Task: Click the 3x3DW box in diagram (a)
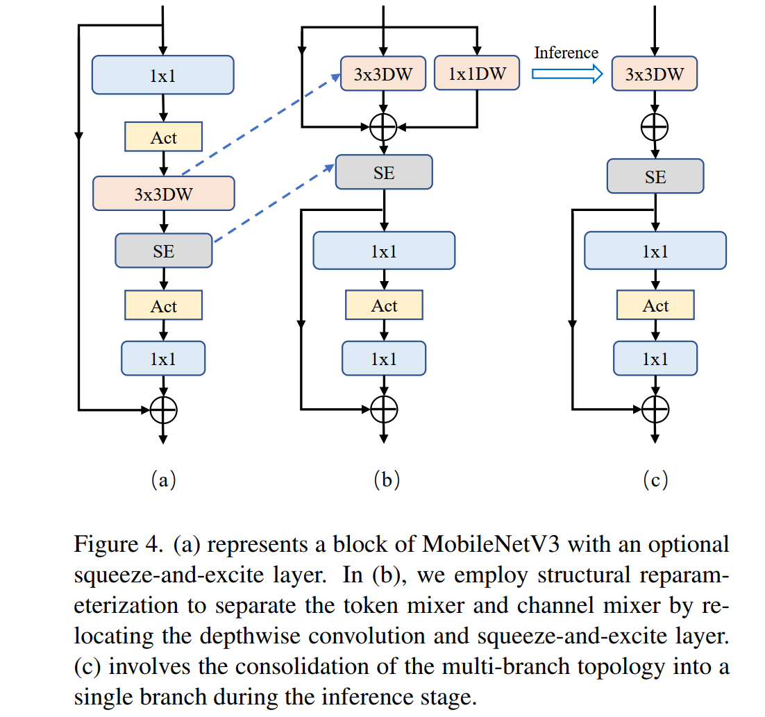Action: [164, 194]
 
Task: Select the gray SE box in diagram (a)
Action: [164, 251]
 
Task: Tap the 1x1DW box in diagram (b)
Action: [477, 73]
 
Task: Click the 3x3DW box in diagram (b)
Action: [382, 73]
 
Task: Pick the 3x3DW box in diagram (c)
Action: [654, 73]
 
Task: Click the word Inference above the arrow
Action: [566, 53]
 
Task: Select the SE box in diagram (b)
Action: [383, 172]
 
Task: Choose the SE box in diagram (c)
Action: [655, 176]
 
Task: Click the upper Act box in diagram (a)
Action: [164, 137]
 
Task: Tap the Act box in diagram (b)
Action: [384, 305]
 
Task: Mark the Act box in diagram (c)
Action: [655, 305]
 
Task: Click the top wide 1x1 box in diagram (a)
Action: [163, 75]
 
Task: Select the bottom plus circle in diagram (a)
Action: [164, 410]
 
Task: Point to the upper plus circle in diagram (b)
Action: [383, 127]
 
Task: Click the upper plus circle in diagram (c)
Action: [655, 127]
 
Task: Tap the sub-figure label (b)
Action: [386, 479]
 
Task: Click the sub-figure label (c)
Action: [655, 479]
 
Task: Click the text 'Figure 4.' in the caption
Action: [107, 544]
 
